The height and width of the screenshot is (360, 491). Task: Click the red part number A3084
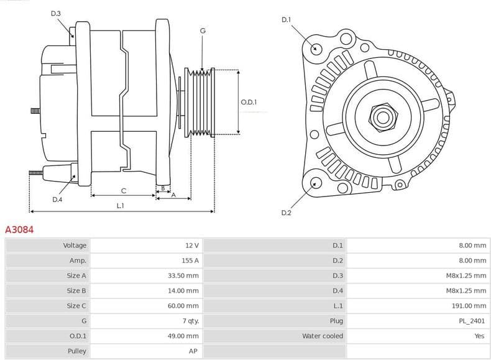pyautogui.click(x=19, y=229)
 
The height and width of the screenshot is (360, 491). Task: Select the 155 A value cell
pyautogui.click(x=190, y=261)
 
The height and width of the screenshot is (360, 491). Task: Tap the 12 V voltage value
pyautogui.click(x=191, y=246)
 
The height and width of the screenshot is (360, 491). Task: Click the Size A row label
pyautogui.click(x=76, y=275)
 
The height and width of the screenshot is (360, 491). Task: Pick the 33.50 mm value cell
pyautogui.click(x=184, y=275)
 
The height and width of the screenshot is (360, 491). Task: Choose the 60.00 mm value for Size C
pyautogui.click(x=184, y=306)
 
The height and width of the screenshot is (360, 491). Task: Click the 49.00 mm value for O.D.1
pyautogui.click(x=184, y=336)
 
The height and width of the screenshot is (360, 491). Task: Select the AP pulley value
pyautogui.click(x=194, y=351)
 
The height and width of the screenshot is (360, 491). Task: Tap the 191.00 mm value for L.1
pyautogui.click(x=470, y=306)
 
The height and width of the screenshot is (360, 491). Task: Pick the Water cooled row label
pyautogui.click(x=322, y=336)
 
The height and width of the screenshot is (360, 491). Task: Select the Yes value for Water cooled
pyautogui.click(x=480, y=336)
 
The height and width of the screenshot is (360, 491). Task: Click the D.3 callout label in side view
pyautogui.click(x=56, y=13)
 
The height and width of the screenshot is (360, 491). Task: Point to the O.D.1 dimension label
pyautogui.click(x=249, y=103)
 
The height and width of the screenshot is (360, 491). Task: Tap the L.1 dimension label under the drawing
pyautogui.click(x=120, y=206)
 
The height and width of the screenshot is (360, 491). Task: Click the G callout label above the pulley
pyautogui.click(x=203, y=30)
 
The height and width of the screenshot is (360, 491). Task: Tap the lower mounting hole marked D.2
pyautogui.click(x=315, y=183)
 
